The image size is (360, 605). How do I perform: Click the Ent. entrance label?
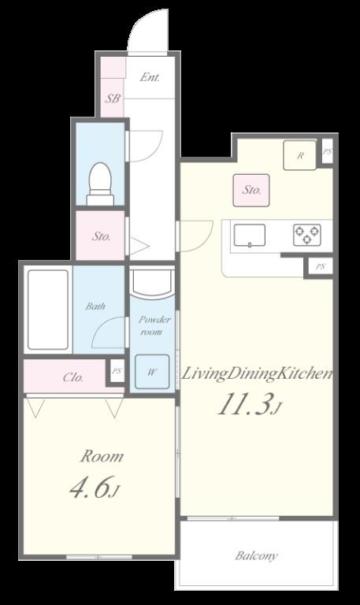(150, 77)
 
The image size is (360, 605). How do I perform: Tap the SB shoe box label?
(113, 99)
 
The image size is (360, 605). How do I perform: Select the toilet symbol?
(100, 184)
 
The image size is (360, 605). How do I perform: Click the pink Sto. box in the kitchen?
(251, 190)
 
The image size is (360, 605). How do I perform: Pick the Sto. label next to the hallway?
(101, 236)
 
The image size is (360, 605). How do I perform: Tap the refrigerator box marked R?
(300, 155)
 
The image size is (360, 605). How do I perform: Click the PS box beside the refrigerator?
(327, 151)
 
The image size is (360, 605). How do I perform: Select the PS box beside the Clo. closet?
(116, 371)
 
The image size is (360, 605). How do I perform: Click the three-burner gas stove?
(307, 235)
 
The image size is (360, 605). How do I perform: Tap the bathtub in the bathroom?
(47, 310)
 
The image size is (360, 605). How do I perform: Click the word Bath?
(95, 306)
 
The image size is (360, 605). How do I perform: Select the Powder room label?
(150, 325)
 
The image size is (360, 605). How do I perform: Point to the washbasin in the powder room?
(150, 282)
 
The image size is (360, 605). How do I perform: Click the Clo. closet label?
(73, 377)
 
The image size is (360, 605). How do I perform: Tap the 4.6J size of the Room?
(94, 489)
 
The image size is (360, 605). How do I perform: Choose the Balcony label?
(256, 556)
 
